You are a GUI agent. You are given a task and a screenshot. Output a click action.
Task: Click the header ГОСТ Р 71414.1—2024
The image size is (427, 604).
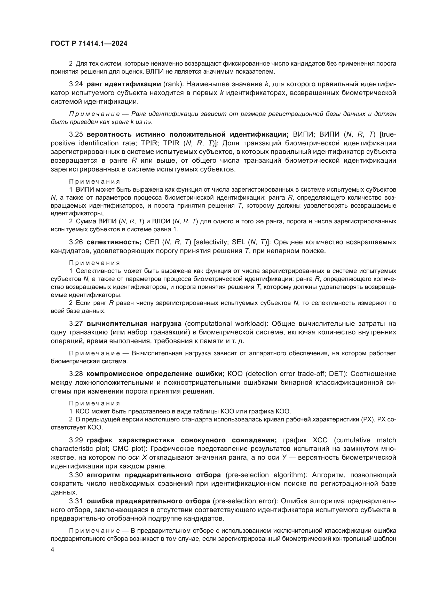pos(89,44)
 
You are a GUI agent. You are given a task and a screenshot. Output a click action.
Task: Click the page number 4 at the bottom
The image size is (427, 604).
pos(53,550)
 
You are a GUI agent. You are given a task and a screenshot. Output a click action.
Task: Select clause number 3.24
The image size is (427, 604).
pos(76,84)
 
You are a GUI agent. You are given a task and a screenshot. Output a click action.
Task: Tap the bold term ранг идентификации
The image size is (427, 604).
pos(124,84)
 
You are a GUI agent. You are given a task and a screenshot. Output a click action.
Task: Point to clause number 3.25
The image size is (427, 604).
pos(76,135)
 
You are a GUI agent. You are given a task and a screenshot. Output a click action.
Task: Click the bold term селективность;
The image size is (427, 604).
pos(114,242)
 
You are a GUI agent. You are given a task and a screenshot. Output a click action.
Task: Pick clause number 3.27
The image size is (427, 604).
pos(76,324)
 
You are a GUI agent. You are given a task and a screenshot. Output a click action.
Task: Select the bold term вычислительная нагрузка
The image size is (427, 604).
pos(134,324)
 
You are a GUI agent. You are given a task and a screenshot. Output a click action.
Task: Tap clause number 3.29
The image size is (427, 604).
pos(76,440)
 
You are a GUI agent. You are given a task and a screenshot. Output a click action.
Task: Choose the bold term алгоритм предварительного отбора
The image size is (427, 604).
pos(154,475)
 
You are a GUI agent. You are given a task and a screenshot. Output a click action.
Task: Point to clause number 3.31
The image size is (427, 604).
pos(76,501)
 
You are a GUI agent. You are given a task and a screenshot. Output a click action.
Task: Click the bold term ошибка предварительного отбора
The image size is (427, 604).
pos(148,501)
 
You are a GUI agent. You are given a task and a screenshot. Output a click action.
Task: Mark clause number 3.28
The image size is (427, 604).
pos(76,374)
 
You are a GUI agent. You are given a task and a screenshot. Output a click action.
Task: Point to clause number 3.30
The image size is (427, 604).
pos(76,475)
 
